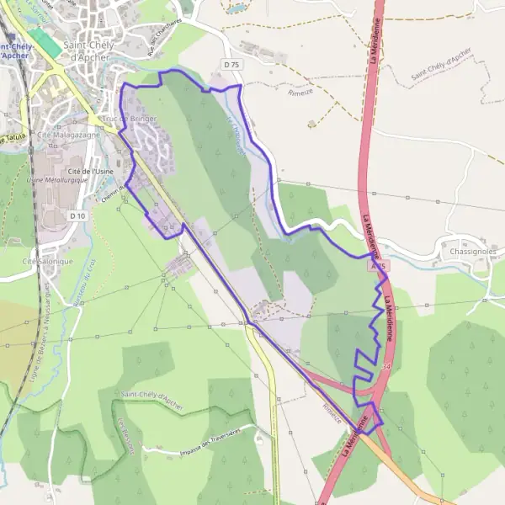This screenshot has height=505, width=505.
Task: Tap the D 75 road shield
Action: click(x=231, y=64)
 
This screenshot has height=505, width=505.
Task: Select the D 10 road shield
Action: click(x=77, y=216)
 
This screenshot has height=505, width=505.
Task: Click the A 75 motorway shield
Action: click(x=379, y=265)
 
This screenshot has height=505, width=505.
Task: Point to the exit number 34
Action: click(x=385, y=367)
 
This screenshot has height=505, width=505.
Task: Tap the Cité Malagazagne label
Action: click(x=63, y=135)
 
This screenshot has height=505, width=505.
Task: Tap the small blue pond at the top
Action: click(x=237, y=8)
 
